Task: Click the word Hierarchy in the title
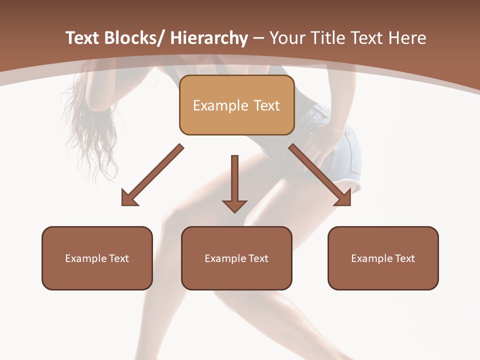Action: [209, 38]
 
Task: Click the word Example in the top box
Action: [220, 105]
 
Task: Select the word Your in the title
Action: [286, 38]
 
